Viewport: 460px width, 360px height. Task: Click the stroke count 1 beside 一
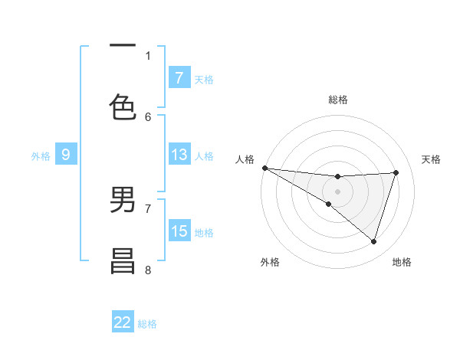(x=148, y=55)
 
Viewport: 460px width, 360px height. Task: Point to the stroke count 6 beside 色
(x=148, y=116)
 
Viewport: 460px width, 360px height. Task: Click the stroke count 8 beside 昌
(x=148, y=270)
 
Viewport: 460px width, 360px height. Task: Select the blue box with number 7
(x=179, y=77)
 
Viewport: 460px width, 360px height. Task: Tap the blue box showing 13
(x=179, y=154)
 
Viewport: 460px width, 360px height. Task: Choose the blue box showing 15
(x=179, y=231)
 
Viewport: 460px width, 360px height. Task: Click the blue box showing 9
(x=66, y=154)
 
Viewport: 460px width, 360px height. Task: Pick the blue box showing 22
(x=123, y=322)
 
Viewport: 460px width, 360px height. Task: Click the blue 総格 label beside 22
(x=147, y=324)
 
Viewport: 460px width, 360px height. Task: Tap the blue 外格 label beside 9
(x=41, y=156)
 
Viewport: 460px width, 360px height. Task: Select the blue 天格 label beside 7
(x=204, y=80)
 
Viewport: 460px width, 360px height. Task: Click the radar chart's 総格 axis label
(x=338, y=100)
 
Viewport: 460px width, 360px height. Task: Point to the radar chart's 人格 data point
(x=264, y=168)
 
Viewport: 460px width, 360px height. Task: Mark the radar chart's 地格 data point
(x=374, y=241)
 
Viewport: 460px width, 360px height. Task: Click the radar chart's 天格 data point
(x=396, y=172)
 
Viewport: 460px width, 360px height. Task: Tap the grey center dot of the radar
(x=337, y=191)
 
